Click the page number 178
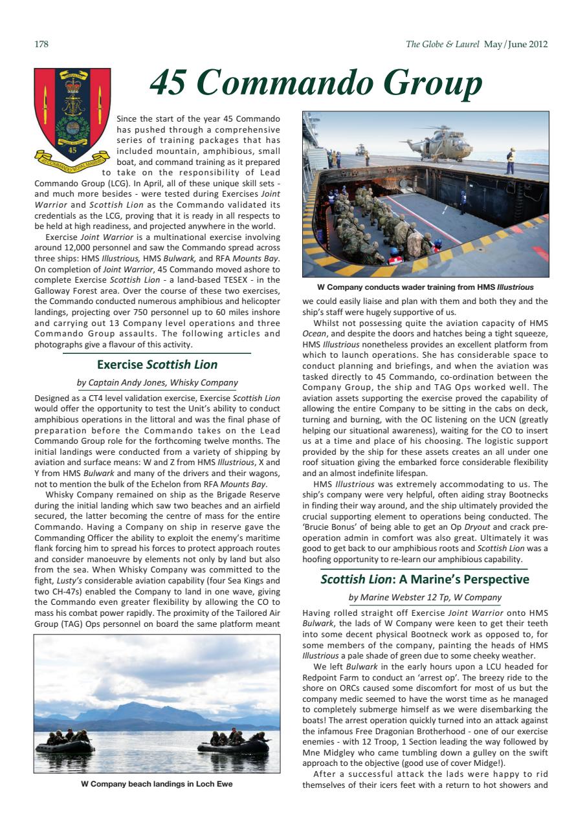pos(41,45)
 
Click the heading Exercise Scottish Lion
pos(157,364)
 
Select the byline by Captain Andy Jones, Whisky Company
pos(157,383)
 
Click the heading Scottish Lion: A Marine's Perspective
pos(425,580)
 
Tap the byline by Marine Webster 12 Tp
pos(425,598)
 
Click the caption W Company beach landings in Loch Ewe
pos(157,783)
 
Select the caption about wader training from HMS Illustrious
pos(425,287)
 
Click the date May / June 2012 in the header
pos(516,45)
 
